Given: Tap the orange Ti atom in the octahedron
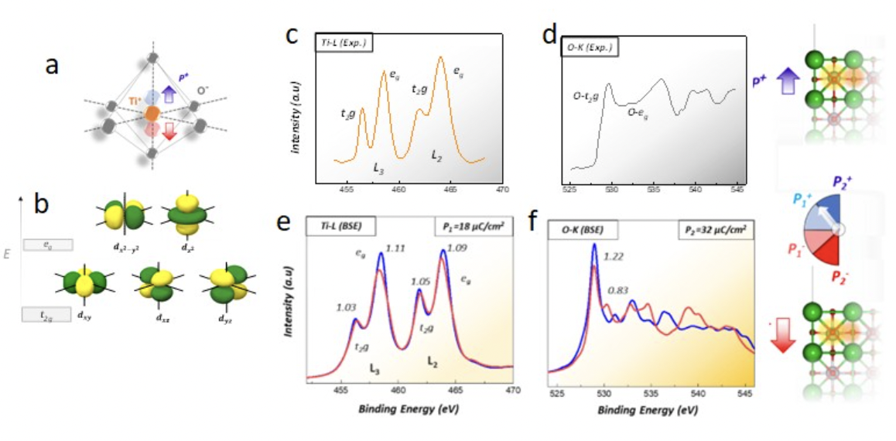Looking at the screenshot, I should pyautogui.click(x=152, y=113).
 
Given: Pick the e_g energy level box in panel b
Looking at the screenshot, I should pyautogui.click(x=48, y=244).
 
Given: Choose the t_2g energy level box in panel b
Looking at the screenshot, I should pyautogui.click(x=46, y=314).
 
